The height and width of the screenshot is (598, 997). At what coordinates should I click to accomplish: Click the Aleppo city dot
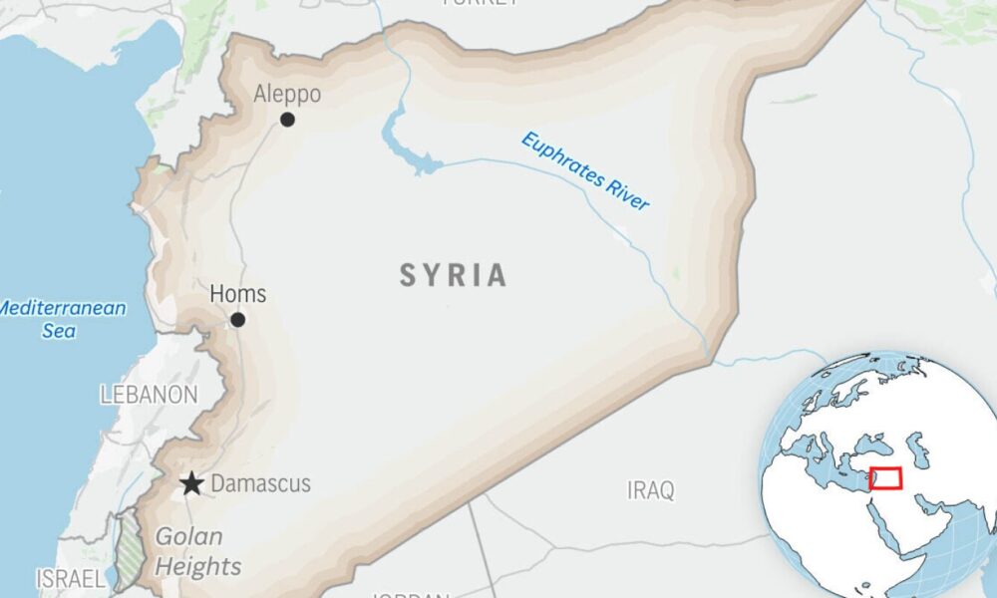287,120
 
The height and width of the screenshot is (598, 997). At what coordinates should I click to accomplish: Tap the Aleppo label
287,95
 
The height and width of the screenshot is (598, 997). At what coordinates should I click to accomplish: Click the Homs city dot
237,320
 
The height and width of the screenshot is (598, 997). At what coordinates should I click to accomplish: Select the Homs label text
238,294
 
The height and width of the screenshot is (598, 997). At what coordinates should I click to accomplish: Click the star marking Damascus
191,485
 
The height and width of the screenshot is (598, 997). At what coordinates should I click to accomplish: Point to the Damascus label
261,484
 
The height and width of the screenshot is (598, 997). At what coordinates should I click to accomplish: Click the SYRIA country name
454,276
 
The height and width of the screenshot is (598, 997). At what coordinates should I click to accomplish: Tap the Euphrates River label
584,171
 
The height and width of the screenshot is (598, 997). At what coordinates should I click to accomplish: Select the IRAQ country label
650,490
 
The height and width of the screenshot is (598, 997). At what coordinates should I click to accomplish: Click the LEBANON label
149,395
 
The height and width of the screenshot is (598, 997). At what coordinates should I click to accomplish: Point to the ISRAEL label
69,578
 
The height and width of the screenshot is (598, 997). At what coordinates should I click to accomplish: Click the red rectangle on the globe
885,478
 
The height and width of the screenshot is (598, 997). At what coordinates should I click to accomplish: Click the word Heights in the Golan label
198,567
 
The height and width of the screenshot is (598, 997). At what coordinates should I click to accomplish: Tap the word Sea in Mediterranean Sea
59,330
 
